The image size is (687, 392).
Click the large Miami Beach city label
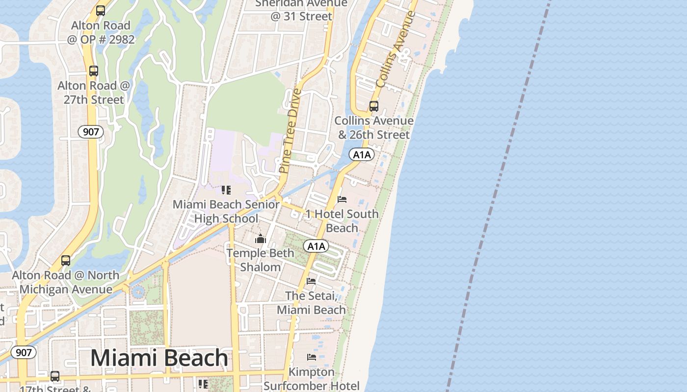tap(159, 358)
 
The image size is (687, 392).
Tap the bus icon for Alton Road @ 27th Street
tap(93, 71)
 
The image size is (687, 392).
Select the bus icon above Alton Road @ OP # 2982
tap(101, 10)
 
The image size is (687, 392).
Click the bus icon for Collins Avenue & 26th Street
tap(374, 106)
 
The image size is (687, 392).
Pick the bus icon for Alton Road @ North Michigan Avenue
tap(66, 261)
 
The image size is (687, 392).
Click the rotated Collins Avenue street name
tap(395, 49)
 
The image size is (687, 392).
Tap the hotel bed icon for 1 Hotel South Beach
tap(342, 199)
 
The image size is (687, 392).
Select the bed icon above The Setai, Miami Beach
tap(311, 281)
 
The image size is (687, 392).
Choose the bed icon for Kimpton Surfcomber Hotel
tap(312, 357)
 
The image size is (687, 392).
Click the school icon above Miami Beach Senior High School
tap(226, 190)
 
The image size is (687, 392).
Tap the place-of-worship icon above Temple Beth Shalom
tap(260, 239)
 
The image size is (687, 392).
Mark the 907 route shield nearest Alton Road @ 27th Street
tap(91, 131)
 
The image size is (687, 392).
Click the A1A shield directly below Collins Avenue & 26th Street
tap(362, 155)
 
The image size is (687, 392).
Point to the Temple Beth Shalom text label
tap(260, 260)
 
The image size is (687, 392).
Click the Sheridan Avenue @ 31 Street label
tap(301, 10)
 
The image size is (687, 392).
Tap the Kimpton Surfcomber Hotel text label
tap(312, 379)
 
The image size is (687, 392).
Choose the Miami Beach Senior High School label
tap(226, 211)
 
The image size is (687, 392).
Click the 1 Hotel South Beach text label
tap(342, 221)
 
